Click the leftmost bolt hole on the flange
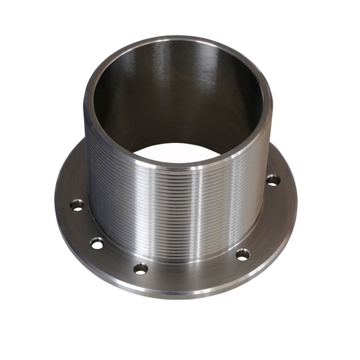coord(77,205)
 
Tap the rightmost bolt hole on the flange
coord(273,180)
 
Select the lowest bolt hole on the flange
coord(140,268)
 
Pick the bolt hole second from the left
coord(97,243)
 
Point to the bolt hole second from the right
coord(243,255)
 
